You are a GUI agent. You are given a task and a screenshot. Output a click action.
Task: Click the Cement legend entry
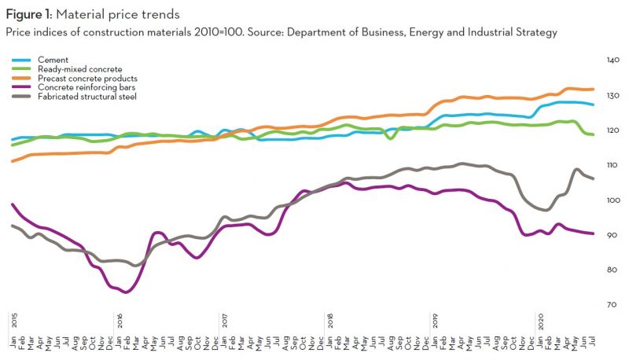[x=60, y=59]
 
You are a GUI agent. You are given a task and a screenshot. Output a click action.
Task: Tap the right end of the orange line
[x=593, y=89]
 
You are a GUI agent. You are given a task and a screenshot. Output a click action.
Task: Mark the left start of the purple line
[x=13, y=204]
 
